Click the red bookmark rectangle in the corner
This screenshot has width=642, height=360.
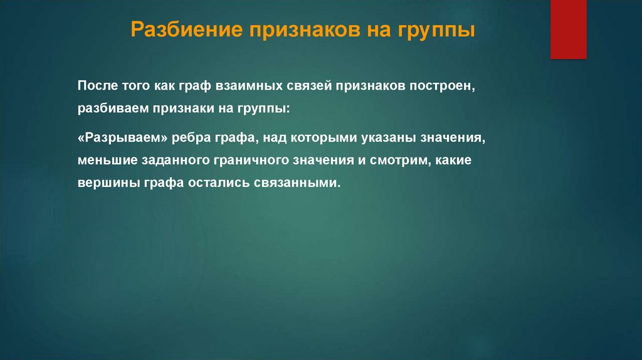click(568, 29)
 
